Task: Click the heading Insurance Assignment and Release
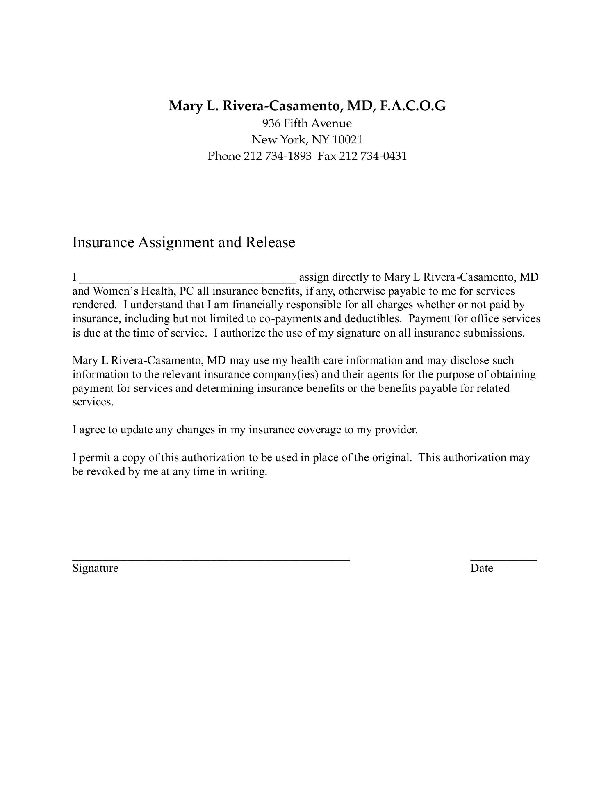click(x=184, y=242)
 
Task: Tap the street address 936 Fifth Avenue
click(x=307, y=123)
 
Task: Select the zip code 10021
click(x=347, y=140)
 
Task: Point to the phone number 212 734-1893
click(x=278, y=156)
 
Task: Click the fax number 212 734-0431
click(x=373, y=156)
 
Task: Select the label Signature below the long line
click(x=95, y=569)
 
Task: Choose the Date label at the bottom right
click(x=481, y=569)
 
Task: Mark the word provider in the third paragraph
click(x=396, y=430)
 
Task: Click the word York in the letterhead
click(x=293, y=140)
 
